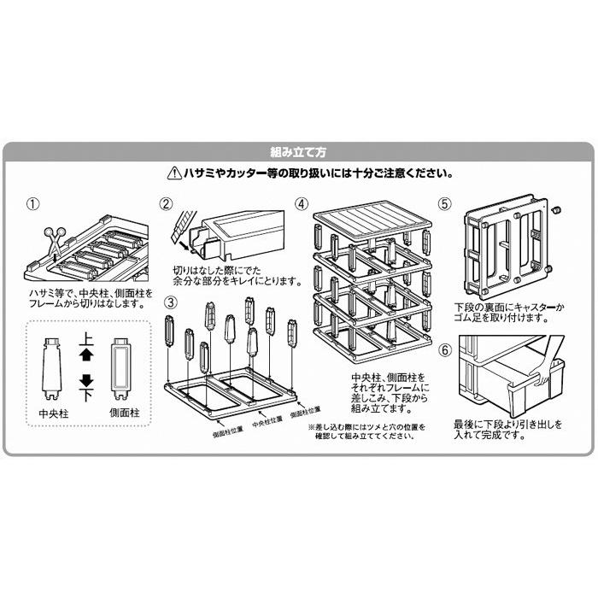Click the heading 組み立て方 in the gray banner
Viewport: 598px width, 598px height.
298,152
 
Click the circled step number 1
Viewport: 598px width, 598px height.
33,205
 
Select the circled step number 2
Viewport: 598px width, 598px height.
167,205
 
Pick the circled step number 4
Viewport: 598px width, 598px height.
301,206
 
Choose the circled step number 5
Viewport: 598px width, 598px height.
444,205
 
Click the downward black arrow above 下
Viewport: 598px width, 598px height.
85,381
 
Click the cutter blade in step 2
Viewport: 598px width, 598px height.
177,225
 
